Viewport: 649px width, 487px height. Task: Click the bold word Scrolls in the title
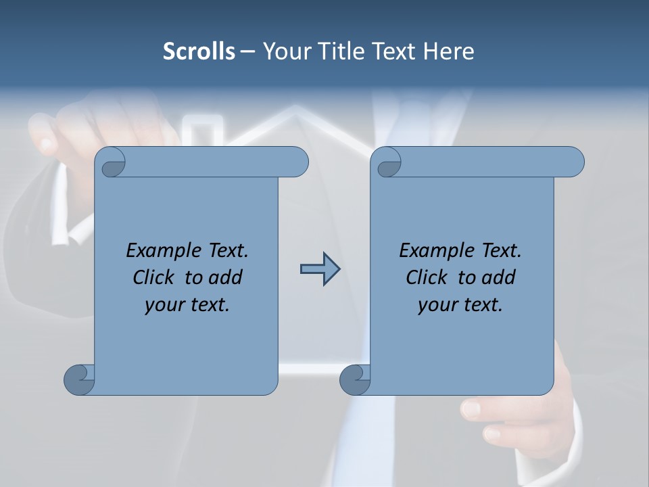(199, 51)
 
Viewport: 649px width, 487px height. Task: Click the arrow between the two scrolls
(320, 269)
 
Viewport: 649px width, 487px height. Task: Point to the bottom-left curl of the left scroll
(79, 379)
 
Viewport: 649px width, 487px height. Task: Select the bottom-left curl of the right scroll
(355, 379)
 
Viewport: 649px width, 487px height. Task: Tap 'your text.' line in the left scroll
(187, 304)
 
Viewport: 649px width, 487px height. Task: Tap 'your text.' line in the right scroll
(460, 304)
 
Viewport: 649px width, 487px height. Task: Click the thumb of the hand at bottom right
(473, 408)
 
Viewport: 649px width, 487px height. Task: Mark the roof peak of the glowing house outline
(292, 108)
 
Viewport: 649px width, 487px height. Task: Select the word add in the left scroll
(225, 277)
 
